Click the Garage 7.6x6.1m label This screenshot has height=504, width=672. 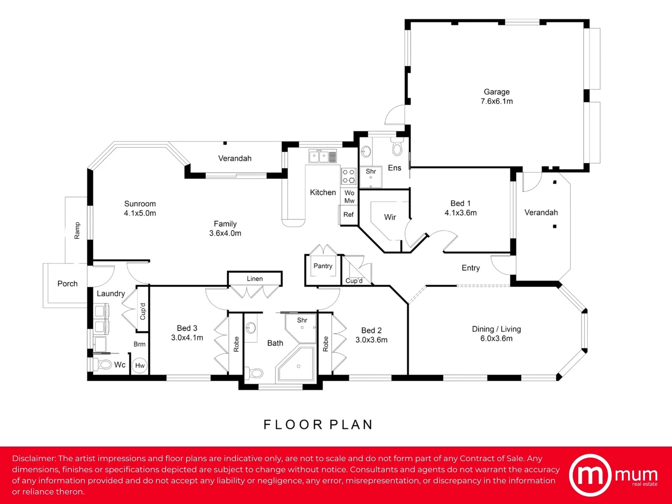[x=497, y=97]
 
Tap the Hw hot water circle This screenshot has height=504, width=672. [x=140, y=365]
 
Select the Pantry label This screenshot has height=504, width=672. [x=322, y=266]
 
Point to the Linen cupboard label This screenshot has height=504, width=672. [x=255, y=279]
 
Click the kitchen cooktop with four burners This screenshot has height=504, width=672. [x=349, y=176]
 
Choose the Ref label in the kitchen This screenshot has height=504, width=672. [x=349, y=215]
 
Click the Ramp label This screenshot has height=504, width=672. [x=77, y=231]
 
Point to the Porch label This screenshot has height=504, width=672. [x=67, y=284]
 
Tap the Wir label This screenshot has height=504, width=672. [x=390, y=217]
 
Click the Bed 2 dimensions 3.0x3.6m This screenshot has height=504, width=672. [x=371, y=340]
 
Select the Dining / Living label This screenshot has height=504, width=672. [x=496, y=329]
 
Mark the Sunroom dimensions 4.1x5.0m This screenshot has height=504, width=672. [x=140, y=213]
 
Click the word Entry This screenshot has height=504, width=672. [x=470, y=268]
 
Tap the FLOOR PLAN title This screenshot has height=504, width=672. [x=318, y=425]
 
